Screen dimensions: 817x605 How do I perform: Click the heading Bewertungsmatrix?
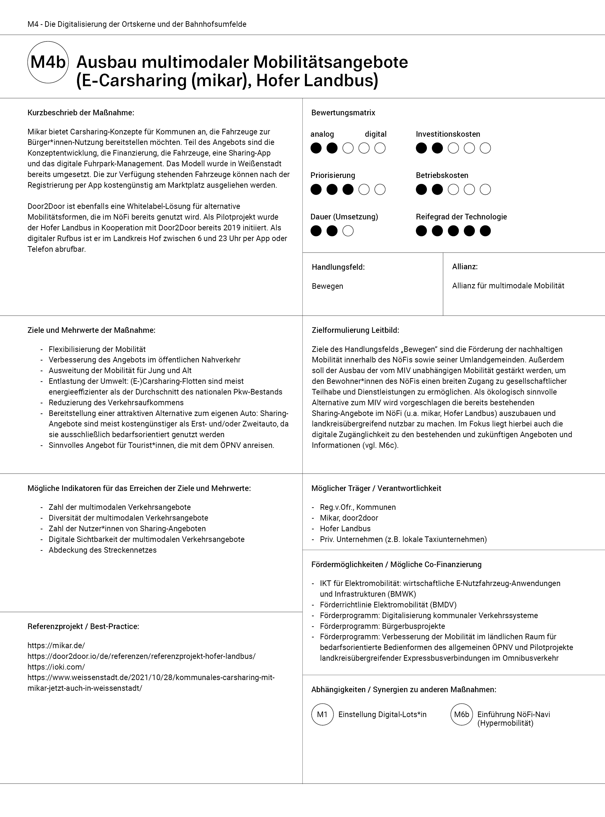click(x=343, y=113)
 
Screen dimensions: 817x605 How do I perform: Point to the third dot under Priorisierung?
click(x=348, y=189)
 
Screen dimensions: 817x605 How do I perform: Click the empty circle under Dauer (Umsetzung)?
click(x=348, y=231)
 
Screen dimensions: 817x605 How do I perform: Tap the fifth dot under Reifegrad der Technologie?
click(x=485, y=231)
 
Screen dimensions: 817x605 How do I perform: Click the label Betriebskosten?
click(x=442, y=175)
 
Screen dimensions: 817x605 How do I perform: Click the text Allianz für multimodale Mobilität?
click(x=508, y=286)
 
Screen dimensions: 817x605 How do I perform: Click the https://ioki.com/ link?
click(x=56, y=667)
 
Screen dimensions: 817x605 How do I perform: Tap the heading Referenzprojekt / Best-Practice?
click(x=83, y=626)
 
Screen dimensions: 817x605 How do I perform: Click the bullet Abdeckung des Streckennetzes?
click(x=102, y=550)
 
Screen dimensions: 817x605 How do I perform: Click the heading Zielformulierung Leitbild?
click(x=355, y=330)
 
